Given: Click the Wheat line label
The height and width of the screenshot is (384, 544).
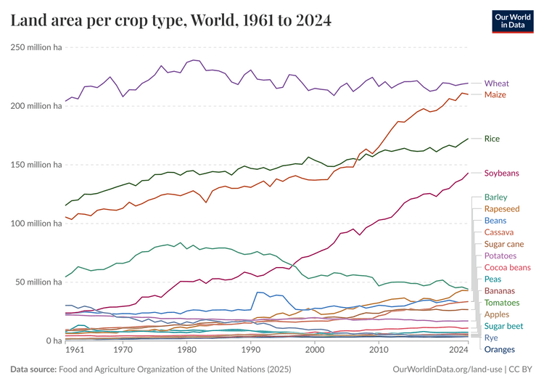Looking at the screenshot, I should coord(496,83).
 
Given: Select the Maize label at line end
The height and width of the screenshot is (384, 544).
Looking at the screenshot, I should coord(495,95).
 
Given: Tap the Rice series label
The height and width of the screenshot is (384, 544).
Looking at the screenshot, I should coord(492,139).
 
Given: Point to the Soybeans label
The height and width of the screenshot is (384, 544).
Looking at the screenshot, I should coord(502,173).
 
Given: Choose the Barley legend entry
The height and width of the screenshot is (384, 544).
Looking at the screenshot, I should coord(495,197).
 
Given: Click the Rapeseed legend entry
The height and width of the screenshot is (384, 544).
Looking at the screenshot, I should coord(501,209).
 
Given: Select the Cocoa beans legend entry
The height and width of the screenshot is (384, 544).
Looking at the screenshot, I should coord(507,268).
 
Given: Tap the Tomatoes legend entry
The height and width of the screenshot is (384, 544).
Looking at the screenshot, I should coord(501,303).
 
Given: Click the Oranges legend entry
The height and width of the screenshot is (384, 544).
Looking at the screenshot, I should coord(499,350).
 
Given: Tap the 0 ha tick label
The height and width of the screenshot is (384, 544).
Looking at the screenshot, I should coord(50,341).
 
